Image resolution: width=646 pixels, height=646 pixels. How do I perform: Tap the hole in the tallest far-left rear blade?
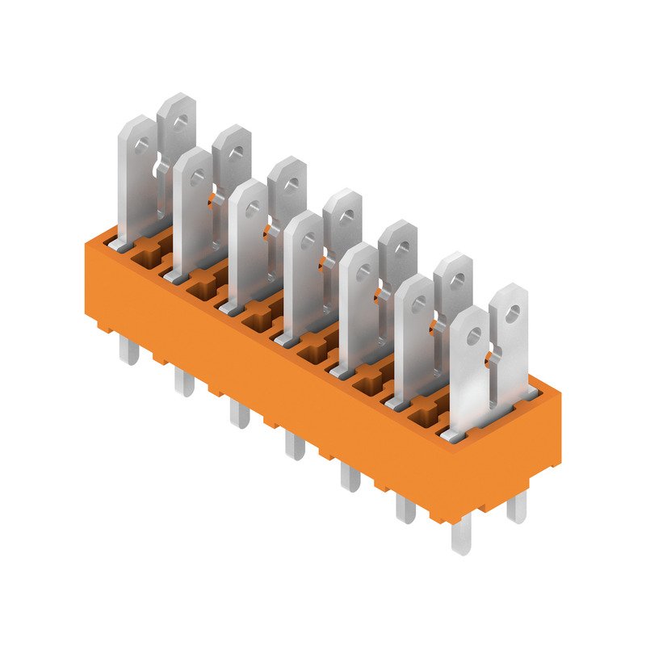[x=182, y=123]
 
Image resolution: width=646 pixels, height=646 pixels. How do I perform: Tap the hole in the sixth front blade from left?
[x=418, y=304]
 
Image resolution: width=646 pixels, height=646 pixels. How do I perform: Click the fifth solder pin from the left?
[x=349, y=476]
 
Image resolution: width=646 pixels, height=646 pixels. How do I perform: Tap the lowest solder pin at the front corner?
[x=460, y=537]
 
